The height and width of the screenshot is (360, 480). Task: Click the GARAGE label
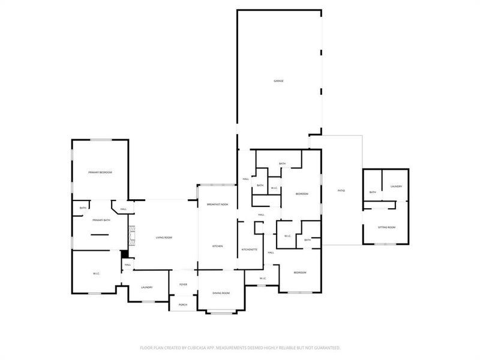click(279, 80)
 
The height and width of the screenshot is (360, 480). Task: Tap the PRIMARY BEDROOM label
click(100, 172)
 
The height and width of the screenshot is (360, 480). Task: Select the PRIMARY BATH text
click(101, 220)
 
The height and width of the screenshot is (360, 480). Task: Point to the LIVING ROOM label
click(164, 238)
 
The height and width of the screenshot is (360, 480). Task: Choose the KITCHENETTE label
click(250, 249)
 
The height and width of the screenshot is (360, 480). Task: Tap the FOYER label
click(183, 285)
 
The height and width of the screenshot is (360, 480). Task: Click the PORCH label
click(183, 305)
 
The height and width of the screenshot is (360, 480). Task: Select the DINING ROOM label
click(221, 293)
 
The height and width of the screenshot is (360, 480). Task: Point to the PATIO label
click(341, 190)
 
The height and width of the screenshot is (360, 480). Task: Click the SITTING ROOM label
click(386, 227)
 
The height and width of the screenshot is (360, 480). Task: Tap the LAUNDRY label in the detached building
click(395, 187)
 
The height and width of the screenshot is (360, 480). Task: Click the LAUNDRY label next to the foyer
click(147, 287)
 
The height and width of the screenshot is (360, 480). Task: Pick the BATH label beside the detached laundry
click(373, 192)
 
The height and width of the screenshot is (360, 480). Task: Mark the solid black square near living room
click(125, 254)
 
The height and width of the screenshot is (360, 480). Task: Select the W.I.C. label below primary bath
click(96, 274)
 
